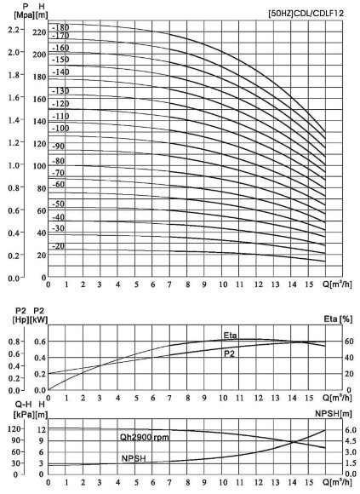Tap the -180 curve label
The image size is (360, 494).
pyautogui.click(x=60, y=28)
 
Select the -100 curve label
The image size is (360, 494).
pyautogui.click(x=60, y=128)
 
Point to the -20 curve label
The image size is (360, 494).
pyautogui.click(x=59, y=246)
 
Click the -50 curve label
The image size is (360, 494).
pyautogui.click(x=59, y=204)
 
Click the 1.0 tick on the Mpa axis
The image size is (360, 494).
pyautogui.click(x=13, y=165)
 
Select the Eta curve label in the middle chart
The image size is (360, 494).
pyautogui.click(x=230, y=336)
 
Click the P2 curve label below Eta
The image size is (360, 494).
pyautogui.click(x=229, y=353)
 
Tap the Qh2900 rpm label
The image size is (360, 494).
pyautogui.click(x=146, y=436)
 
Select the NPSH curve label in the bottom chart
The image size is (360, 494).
pyautogui.click(x=134, y=458)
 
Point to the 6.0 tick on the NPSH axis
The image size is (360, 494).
pyautogui.click(x=338, y=430)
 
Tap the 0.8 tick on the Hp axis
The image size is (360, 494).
pyautogui.click(x=13, y=342)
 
